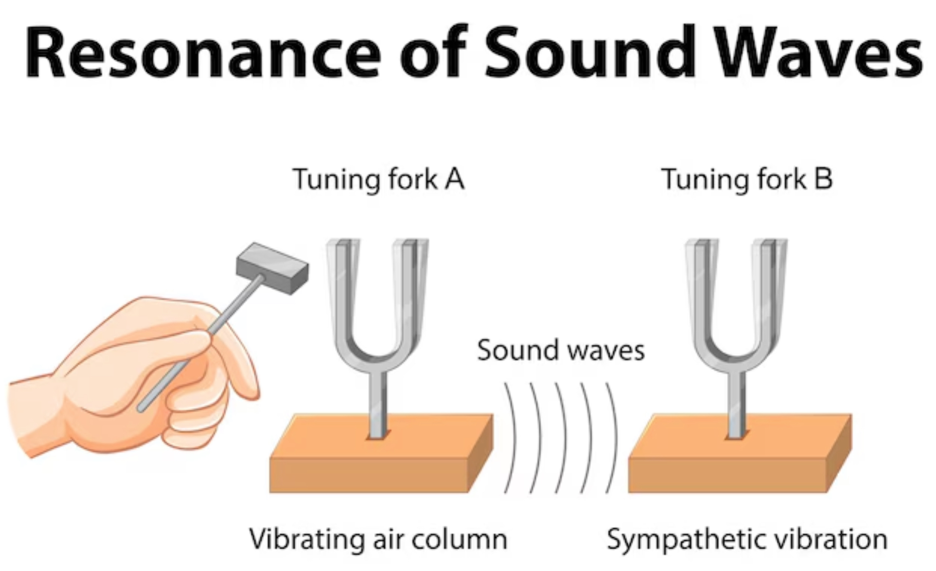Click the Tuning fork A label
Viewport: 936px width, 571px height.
point(378,179)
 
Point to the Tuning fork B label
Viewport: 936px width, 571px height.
point(747,179)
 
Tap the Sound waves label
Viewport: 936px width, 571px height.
point(560,350)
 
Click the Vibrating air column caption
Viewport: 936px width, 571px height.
point(378,539)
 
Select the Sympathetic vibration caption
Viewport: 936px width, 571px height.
point(747,539)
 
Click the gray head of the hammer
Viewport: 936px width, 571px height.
point(272,268)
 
